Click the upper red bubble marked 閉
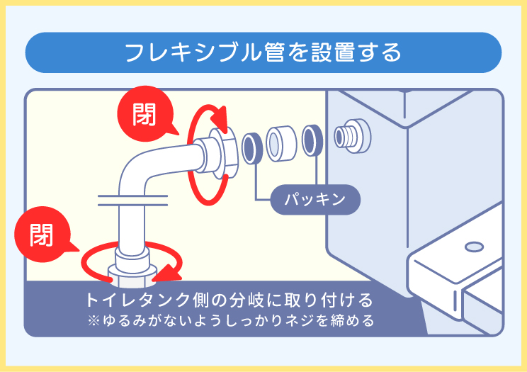click(x=144, y=113)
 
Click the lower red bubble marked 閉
click(x=40, y=233)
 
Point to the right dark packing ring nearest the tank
click(x=311, y=142)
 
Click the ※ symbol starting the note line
click(x=92, y=320)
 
